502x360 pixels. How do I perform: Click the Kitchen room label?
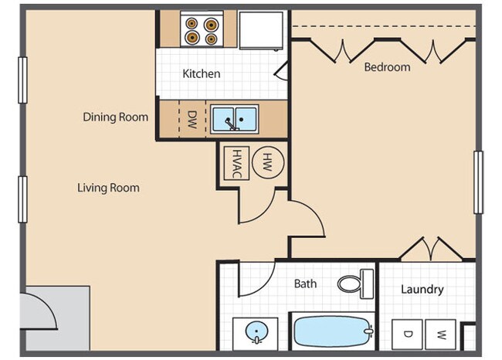pyautogui.click(x=201, y=74)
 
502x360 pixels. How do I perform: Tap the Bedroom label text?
pyautogui.click(x=387, y=67)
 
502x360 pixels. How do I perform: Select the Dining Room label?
pyautogui.click(x=116, y=117)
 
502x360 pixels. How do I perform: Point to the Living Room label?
pyautogui.click(x=108, y=188)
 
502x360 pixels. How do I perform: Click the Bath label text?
pyautogui.click(x=305, y=284)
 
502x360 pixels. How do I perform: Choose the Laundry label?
pyautogui.click(x=422, y=290)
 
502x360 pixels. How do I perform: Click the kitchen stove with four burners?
pyautogui.click(x=200, y=29)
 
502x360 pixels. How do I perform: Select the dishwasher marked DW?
pyautogui.click(x=192, y=119)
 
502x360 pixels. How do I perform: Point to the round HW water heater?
pyautogui.click(x=267, y=161)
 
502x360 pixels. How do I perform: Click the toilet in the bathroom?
pyautogui.click(x=356, y=284)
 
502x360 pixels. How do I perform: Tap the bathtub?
pyautogui.click(x=332, y=332)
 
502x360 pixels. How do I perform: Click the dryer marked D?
pyautogui.click(x=406, y=335)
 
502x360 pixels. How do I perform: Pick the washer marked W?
pyautogui.click(x=442, y=335)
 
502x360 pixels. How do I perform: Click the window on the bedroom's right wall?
pyautogui.click(x=478, y=182)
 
